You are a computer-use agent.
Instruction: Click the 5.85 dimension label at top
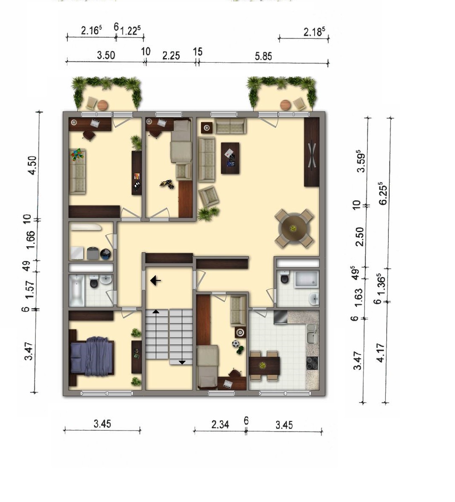263,56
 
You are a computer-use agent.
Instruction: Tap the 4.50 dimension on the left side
33,165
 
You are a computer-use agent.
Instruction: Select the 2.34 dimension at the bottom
220,424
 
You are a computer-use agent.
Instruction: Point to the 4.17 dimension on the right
380,353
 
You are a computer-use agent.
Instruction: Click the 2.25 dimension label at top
171,55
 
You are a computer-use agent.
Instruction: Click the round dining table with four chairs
294,229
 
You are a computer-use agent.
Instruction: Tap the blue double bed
92,356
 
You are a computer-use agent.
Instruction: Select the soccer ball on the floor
236,344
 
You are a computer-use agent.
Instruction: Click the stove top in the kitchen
312,363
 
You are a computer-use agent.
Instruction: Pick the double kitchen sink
312,333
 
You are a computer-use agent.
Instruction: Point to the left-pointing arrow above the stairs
156,280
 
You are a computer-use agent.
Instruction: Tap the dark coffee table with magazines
230,158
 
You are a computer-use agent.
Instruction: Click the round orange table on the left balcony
103,105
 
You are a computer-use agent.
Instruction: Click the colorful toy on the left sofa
77,155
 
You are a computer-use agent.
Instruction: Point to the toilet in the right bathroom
284,277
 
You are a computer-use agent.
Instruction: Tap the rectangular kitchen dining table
265,365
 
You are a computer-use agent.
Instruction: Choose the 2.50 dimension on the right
359,236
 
